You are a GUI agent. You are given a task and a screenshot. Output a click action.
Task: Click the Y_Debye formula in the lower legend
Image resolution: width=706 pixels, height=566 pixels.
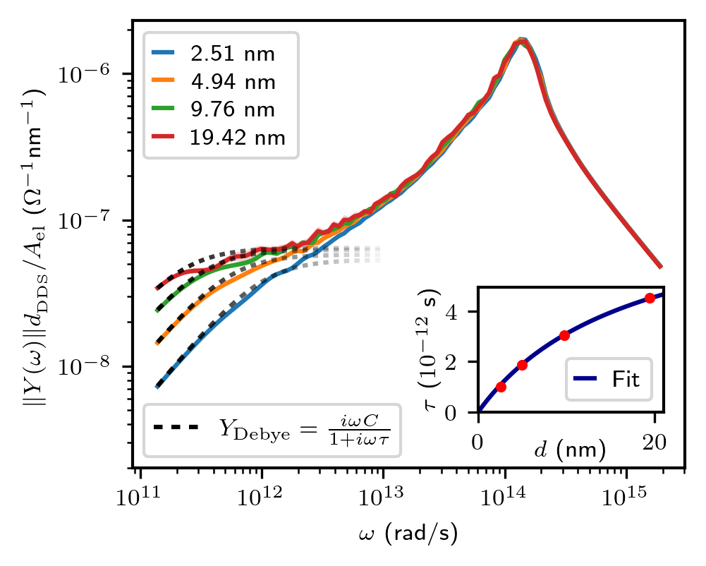(304, 429)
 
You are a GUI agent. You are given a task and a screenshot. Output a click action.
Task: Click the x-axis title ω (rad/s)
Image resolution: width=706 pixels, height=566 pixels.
(408, 534)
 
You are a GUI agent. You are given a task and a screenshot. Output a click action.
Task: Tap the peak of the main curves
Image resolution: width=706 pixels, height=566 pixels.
(521, 41)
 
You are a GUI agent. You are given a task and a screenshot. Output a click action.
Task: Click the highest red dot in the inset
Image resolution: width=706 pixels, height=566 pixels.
(650, 298)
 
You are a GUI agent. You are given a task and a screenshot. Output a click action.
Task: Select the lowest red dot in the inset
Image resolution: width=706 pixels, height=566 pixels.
(501, 387)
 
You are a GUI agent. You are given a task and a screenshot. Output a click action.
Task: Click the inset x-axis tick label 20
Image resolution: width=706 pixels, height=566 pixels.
(655, 440)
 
